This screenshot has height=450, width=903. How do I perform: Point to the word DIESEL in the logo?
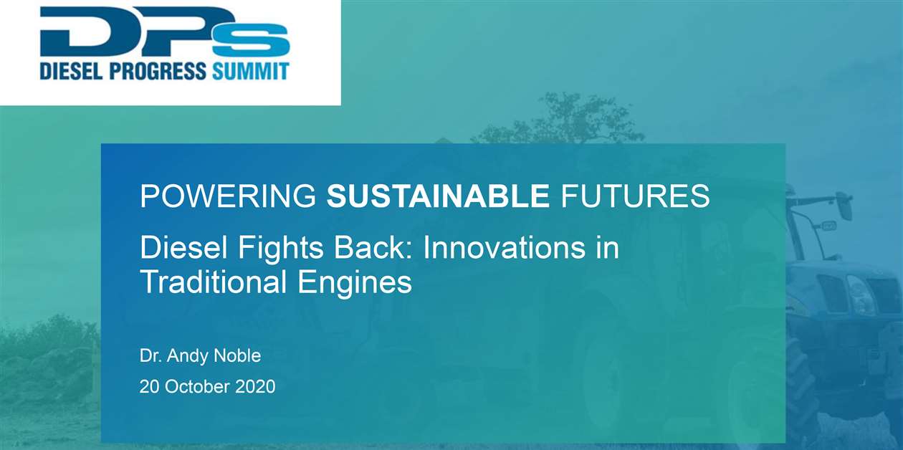coord(70,72)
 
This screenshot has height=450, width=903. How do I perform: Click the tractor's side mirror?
coord(845,206)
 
